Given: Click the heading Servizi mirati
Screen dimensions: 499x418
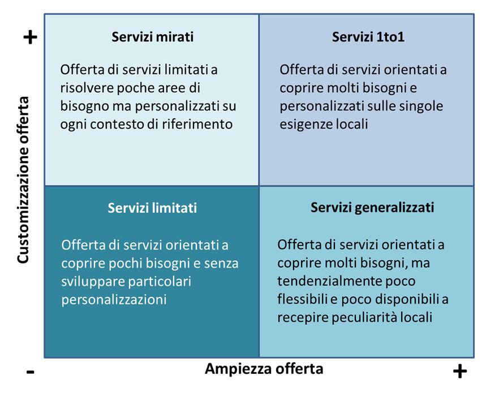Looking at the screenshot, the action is (152, 37).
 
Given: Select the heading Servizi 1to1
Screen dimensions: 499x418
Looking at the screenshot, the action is (368, 37).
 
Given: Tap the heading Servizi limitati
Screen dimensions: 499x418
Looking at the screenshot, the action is (152, 208).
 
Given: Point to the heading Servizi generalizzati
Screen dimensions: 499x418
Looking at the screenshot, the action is (372, 208).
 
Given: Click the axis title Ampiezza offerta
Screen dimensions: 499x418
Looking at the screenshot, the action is (264, 369).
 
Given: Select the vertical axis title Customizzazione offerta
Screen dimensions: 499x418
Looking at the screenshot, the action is (23, 180).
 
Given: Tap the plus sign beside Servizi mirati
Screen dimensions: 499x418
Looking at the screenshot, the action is (31, 37).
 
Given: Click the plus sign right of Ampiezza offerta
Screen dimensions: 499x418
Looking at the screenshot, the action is (460, 371).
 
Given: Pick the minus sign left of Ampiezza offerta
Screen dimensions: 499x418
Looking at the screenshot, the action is (30, 372).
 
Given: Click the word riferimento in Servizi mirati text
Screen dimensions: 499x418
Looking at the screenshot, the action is (197, 124).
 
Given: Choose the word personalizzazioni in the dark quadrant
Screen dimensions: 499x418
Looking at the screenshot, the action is (114, 300).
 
